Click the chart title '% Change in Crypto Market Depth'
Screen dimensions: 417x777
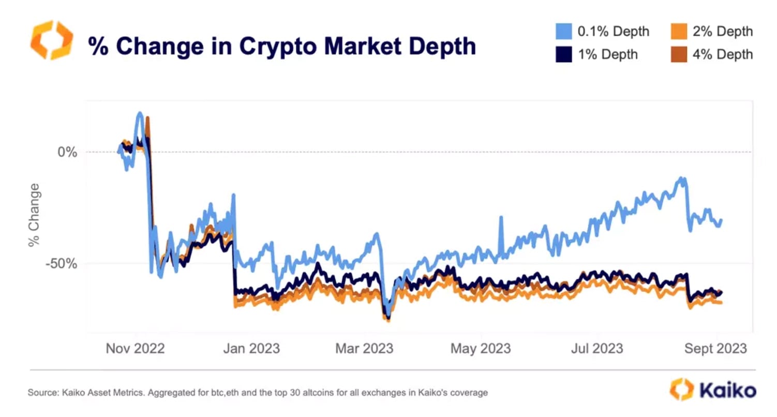281,46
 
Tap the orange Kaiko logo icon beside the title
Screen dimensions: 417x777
52,40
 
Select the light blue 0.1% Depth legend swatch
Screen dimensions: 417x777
563,32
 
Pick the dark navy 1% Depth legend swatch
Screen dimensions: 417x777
563,54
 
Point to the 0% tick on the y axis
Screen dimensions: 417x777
67,152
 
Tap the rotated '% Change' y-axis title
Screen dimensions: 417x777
34,215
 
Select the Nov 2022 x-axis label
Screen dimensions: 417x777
135,348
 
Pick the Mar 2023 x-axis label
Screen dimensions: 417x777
364,348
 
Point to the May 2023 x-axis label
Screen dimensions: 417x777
481,348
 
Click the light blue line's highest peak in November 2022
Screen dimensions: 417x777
140,113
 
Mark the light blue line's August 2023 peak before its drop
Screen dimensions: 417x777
683,178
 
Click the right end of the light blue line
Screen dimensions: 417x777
721,220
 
